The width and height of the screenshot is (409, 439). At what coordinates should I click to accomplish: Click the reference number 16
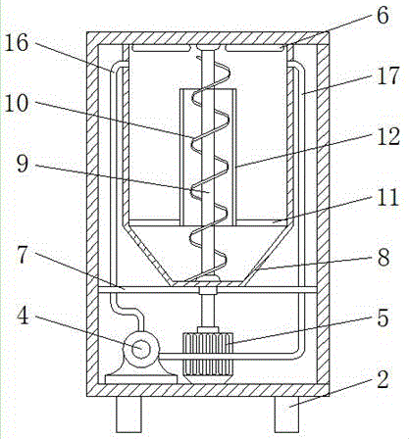pyautogui.click(x=16, y=43)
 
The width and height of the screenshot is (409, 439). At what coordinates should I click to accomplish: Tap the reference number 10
pyautogui.click(x=16, y=104)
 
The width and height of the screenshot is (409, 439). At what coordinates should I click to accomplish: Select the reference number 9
pyautogui.click(x=23, y=164)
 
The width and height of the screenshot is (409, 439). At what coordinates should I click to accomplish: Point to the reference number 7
pyautogui.click(x=23, y=255)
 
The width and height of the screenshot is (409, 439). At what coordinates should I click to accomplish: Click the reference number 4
pyautogui.click(x=23, y=316)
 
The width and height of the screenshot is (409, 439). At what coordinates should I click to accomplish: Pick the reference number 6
pyautogui.click(x=383, y=15)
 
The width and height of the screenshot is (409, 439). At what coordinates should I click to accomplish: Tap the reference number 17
pyautogui.click(x=388, y=75)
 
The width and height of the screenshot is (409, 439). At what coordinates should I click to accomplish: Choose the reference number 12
pyautogui.click(x=388, y=136)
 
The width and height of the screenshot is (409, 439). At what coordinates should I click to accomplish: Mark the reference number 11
pyautogui.click(x=388, y=197)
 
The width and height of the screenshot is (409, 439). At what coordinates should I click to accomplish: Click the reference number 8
pyautogui.click(x=383, y=257)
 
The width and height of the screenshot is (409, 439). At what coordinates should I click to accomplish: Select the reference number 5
pyautogui.click(x=383, y=317)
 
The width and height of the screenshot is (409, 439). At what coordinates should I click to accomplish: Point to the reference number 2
pyautogui.click(x=383, y=379)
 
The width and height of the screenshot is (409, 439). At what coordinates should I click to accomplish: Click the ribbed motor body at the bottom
pyautogui.click(x=208, y=354)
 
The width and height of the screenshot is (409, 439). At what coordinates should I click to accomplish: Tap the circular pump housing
pyautogui.click(x=141, y=349)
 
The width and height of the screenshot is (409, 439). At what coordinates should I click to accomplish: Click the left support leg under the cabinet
pyautogui.click(x=128, y=414)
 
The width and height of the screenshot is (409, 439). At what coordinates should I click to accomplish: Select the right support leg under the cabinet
pyautogui.click(x=286, y=414)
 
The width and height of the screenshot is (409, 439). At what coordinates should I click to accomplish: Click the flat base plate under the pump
pyautogui.click(x=141, y=380)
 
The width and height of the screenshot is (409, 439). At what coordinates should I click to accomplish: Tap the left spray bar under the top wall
pyautogui.click(x=160, y=48)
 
